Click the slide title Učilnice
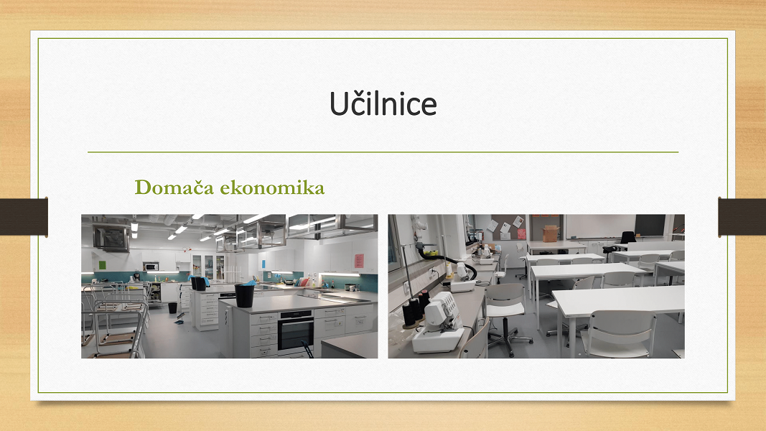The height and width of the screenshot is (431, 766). tap(383, 103)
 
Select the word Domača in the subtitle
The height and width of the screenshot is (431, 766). tap(174, 187)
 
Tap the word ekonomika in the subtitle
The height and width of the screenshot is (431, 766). tap(272, 187)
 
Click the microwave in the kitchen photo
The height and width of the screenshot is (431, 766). tap(151, 267)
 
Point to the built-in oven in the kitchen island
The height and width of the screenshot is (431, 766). tap(296, 330)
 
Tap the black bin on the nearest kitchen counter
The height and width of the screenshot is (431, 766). tap(244, 296)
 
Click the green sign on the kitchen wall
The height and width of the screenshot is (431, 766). tap(102, 265)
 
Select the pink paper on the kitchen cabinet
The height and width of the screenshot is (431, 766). tap(359, 261)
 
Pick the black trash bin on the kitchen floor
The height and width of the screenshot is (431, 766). tap(172, 307)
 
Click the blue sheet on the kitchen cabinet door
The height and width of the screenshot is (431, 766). tap(263, 264)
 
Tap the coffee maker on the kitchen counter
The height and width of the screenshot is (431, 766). tap(137, 277)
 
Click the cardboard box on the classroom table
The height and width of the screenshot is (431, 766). tap(551, 233)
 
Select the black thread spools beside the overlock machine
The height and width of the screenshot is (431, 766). tap(415, 310)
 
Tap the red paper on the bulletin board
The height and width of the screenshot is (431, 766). tap(522, 233)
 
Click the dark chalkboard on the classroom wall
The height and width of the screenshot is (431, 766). tap(650, 226)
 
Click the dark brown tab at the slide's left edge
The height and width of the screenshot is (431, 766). tap(24, 216)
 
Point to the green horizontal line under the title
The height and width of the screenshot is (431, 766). tap(383, 152)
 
